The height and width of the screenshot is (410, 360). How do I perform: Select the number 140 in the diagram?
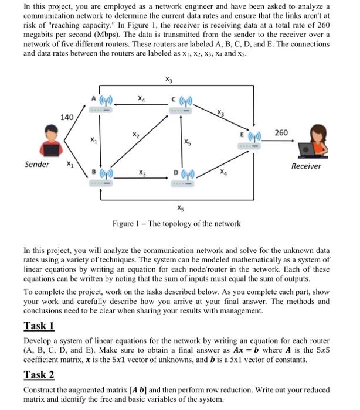[67, 117]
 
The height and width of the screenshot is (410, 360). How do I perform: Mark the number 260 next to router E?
[281, 132]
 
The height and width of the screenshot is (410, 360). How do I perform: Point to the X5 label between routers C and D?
[187, 142]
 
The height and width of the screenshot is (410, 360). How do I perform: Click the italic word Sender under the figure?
[36, 164]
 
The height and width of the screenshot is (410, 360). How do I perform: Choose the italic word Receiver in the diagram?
[306, 166]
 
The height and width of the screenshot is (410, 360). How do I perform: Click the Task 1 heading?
[39, 326]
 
